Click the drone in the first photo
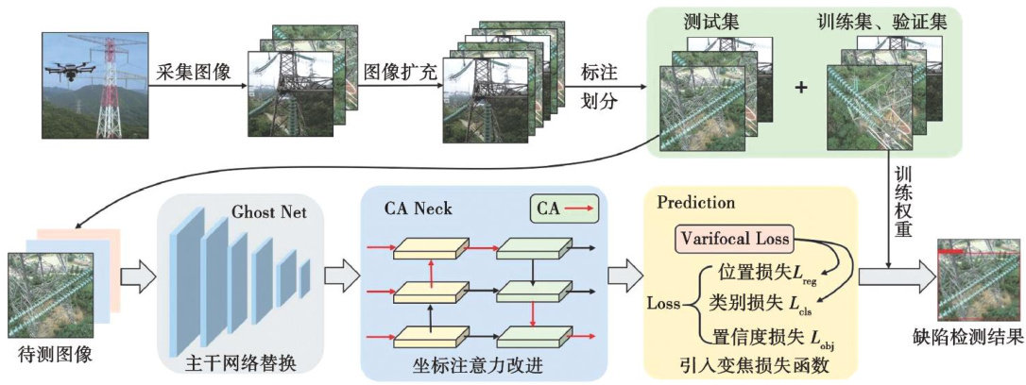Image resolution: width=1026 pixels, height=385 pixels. pyautogui.click(x=70, y=71)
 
